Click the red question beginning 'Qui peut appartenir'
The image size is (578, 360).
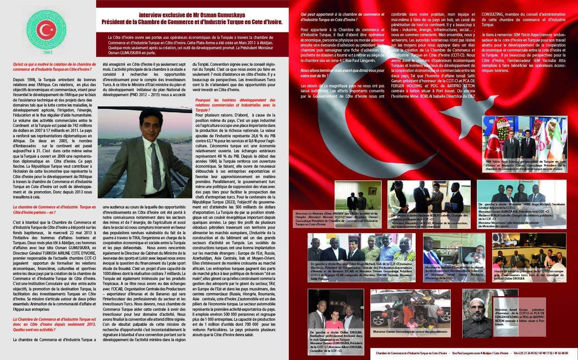point(342,17)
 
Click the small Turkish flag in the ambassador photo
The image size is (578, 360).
point(496,145)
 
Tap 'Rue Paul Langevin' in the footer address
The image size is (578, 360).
point(465,353)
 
